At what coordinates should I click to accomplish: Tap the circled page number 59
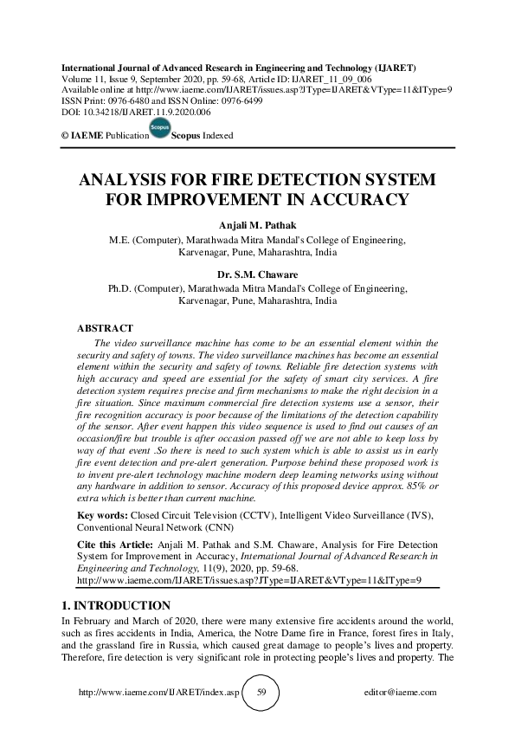point(263,693)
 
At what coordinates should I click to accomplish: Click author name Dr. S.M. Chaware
point(256,274)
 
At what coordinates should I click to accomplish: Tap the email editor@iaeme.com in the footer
point(402,693)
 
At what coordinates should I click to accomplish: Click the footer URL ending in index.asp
point(156,693)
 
